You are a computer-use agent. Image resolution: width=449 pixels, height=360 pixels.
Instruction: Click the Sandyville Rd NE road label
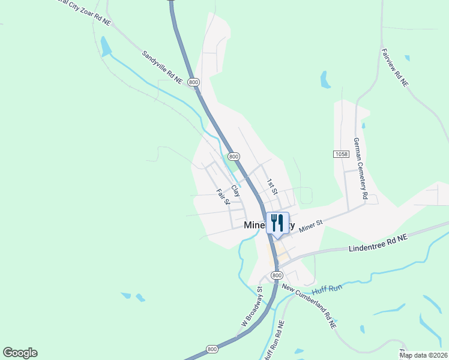tap(162, 67)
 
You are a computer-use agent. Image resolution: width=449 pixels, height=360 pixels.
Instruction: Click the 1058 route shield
tap(341, 154)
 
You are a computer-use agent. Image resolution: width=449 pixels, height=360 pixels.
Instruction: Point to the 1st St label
tap(273, 187)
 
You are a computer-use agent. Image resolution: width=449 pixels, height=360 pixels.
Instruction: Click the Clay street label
tap(235, 190)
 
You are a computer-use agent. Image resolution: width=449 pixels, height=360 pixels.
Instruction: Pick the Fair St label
tap(223, 197)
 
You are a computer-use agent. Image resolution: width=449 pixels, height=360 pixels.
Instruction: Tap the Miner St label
tap(311, 226)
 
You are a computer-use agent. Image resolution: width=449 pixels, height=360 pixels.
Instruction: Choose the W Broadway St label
tap(252, 307)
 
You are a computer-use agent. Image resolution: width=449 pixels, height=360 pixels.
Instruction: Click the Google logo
tap(20, 353)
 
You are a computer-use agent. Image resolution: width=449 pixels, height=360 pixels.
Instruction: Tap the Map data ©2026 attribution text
tap(423, 355)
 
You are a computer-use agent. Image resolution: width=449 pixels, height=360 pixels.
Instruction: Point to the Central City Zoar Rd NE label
tap(84, 11)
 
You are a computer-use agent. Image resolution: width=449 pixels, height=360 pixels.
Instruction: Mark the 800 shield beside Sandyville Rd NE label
tap(193, 82)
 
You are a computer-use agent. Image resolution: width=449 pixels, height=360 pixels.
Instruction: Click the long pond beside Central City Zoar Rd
tap(106, 46)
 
